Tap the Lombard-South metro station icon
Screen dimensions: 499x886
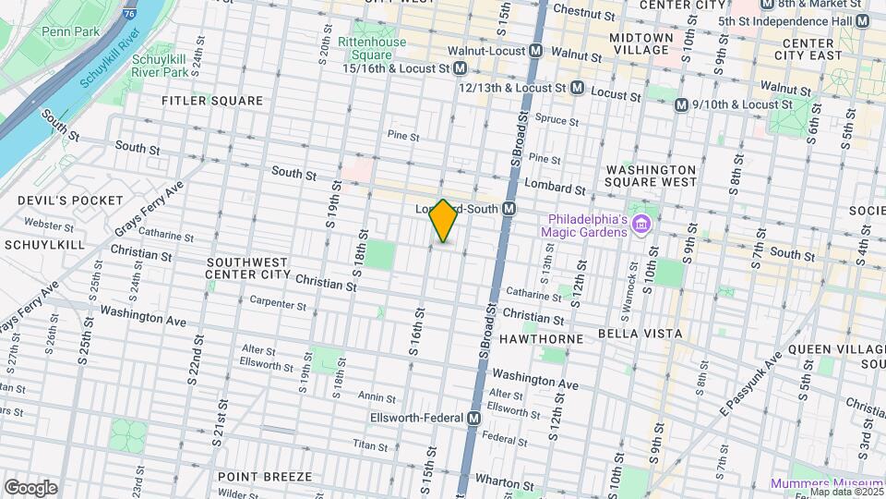[x=509, y=210]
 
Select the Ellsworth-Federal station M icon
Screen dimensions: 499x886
[x=473, y=419]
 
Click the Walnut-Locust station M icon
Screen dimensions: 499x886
[x=536, y=52]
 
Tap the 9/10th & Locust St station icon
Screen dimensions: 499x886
[x=682, y=105]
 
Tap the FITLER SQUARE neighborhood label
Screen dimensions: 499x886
[x=212, y=101]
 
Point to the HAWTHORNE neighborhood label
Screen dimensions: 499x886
[x=543, y=339]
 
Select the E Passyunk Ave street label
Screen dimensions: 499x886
[x=754, y=378]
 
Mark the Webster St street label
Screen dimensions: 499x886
[x=42, y=224]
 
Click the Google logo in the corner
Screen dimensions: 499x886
[x=30, y=487]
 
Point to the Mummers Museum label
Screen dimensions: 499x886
[x=827, y=483]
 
